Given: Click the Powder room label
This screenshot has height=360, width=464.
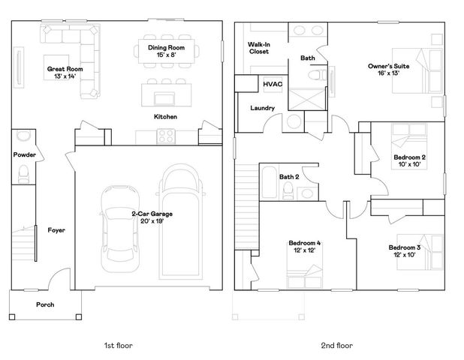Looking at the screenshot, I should coord(24,154).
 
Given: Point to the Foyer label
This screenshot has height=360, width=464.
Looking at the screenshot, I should coord(56,230).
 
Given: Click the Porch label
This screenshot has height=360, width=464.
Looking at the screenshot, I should coord(45,304).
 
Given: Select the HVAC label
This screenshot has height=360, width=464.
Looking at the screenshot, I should coord(272,84).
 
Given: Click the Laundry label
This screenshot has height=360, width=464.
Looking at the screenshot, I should coord(262,108).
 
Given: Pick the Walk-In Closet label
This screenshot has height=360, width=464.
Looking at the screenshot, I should coord(259,48).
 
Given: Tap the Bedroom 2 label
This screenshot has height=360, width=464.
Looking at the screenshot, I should coord(409,157).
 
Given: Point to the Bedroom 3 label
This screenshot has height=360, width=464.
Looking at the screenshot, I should coord(404,247).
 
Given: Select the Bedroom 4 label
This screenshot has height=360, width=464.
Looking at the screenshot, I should coord(305,243).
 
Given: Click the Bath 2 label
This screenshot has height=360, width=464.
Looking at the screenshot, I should coord(289,177).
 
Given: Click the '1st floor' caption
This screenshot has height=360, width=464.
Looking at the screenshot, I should coord(119,346).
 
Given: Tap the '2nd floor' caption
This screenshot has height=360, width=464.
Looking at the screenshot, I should coord(337,346).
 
